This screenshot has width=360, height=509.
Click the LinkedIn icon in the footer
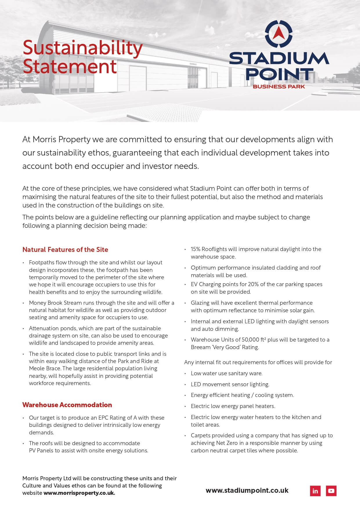pyautogui.click(x=315, y=491)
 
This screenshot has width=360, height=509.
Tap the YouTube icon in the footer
pyautogui.click(x=331, y=491)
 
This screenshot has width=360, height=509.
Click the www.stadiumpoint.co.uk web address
pyautogui.click(x=247, y=490)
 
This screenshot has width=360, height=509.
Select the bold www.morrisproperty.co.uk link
pyautogui.click(x=79, y=493)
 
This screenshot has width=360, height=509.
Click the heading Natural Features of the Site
pyautogui.click(x=65, y=250)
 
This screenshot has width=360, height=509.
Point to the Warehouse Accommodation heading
pyautogui.click(x=67, y=405)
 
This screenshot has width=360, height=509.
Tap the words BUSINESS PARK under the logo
pyautogui.click(x=279, y=86)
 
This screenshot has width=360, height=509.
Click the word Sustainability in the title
pyautogui.click(x=83, y=48)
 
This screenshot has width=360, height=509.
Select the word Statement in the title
pyautogui.click(x=70, y=67)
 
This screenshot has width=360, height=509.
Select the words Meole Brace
pyautogui.click(x=45, y=369)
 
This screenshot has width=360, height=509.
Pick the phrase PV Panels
pyautogui.click(x=41, y=451)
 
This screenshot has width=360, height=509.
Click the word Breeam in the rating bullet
pyautogui.click(x=200, y=347)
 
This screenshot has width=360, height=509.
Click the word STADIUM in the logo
pyautogui.click(x=279, y=58)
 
